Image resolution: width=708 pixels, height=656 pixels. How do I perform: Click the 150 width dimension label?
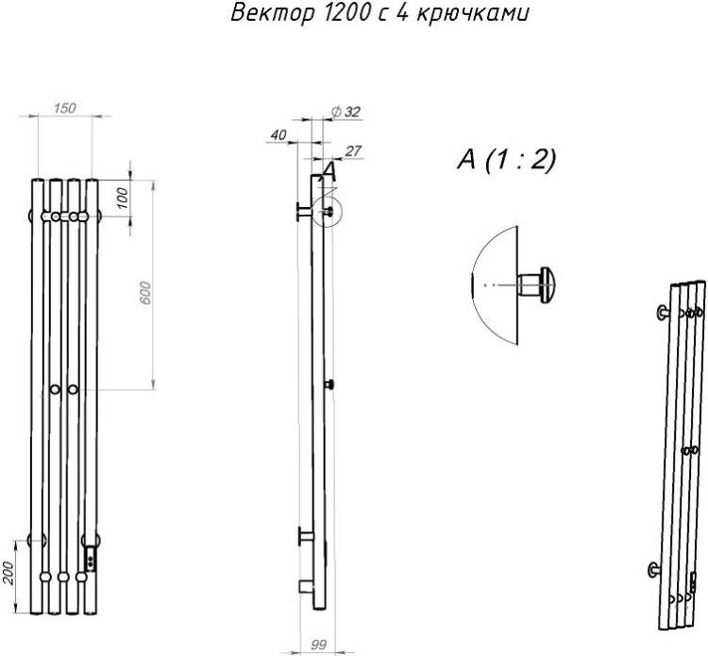point(65,109)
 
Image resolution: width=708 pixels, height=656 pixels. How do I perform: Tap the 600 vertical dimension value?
point(145,292)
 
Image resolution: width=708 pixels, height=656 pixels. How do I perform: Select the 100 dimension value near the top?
point(123,198)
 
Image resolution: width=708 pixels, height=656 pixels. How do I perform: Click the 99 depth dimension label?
point(319,645)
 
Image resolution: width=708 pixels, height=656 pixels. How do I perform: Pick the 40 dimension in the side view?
point(278,135)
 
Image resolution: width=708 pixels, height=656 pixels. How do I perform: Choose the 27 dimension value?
point(353,151)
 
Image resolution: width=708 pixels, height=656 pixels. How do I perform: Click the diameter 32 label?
point(346,112)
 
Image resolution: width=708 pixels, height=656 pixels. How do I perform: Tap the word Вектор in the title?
point(272,13)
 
